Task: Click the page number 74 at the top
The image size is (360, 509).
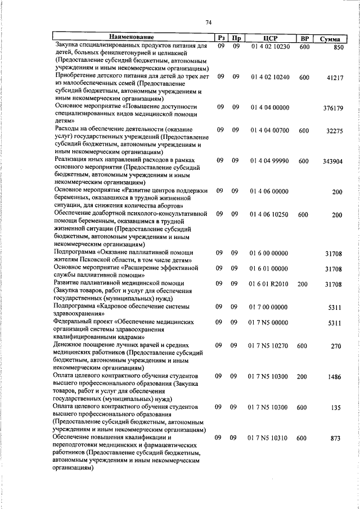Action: tap(209, 22)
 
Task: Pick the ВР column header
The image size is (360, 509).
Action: tap(305, 38)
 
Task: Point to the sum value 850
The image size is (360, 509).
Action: tap(338, 49)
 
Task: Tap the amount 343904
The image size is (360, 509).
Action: tap(332, 161)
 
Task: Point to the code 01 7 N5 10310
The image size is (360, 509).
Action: tap(270, 438)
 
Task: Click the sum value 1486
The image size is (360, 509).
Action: tap(335, 376)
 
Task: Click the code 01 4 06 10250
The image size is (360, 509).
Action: tap(270, 214)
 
